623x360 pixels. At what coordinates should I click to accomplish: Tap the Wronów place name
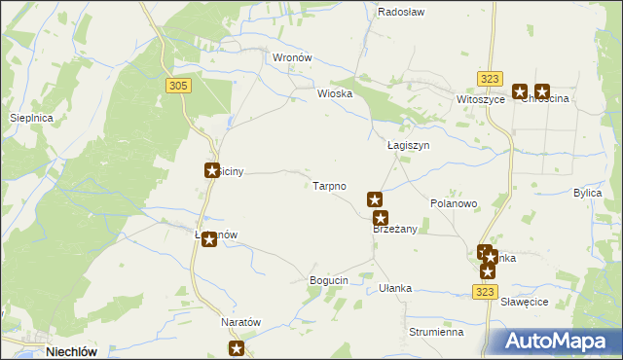292,57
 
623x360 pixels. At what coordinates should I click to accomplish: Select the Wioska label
334,94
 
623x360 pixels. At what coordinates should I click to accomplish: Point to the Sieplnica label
30,118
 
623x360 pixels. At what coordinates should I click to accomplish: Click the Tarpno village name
329,185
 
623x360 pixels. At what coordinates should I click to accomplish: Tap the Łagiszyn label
408,145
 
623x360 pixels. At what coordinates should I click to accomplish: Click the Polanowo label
454,204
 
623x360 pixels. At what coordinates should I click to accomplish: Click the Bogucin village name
328,280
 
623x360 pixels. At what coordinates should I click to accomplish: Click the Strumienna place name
435,332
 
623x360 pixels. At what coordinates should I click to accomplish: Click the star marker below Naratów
237,348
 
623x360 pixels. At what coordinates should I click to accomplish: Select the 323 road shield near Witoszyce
490,78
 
